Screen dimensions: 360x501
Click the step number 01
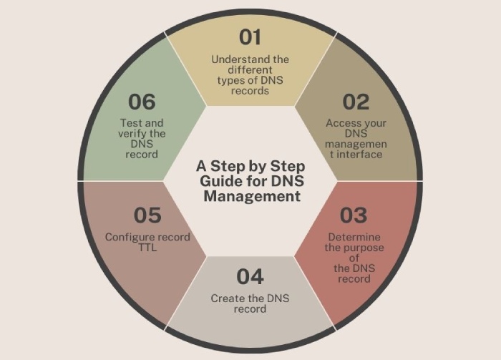250,37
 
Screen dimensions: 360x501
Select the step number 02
356,102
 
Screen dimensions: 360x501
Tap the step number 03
354,215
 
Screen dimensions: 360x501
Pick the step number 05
147,215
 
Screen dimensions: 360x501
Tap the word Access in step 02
341,123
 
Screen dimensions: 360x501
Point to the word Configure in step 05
128,237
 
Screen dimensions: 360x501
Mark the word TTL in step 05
147,247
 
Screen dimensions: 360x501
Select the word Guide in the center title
216,182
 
